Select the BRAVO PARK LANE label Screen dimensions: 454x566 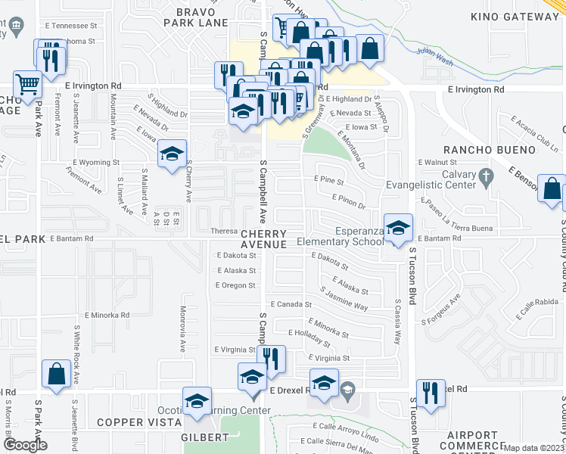[x=201, y=18]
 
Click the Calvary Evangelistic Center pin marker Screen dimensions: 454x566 [x=490, y=176]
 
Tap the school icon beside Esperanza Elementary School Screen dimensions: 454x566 [x=398, y=227]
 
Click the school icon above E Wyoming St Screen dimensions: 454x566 [x=172, y=154]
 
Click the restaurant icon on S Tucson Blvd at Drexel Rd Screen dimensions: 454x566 [x=430, y=393]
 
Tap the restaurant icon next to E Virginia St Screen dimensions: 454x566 [x=271, y=358]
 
